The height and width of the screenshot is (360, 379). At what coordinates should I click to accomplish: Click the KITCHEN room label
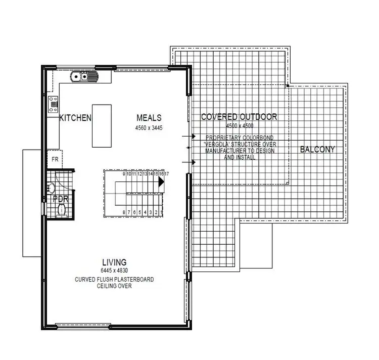pyautogui.click(x=76, y=118)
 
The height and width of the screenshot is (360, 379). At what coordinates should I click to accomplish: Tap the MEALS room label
pyautogui.click(x=149, y=118)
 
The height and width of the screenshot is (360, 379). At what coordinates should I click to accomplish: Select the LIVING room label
pyautogui.click(x=114, y=262)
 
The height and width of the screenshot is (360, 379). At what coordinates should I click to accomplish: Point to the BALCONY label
pyautogui.click(x=317, y=149)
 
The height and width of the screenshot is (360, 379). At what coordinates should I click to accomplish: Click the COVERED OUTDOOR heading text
pyautogui.click(x=239, y=117)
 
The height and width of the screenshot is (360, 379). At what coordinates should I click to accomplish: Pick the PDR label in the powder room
pyautogui.click(x=61, y=199)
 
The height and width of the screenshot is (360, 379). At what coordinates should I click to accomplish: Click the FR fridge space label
pyautogui.click(x=55, y=159)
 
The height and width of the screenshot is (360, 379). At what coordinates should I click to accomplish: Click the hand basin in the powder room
pyautogui.click(x=51, y=188)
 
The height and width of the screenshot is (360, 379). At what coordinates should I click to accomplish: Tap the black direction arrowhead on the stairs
pyautogui.click(x=161, y=183)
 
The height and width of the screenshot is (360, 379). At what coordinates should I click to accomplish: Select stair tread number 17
pyautogui.click(x=167, y=174)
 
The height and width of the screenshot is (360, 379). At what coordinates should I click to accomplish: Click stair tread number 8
pyautogui.click(x=124, y=212)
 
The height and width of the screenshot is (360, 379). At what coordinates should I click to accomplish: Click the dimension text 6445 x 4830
pyautogui.click(x=114, y=271)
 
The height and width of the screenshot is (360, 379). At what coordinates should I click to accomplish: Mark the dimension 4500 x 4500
pyautogui.click(x=239, y=125)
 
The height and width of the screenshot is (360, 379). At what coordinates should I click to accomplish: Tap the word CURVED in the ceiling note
pyautogui.click(x=84, y=279)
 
